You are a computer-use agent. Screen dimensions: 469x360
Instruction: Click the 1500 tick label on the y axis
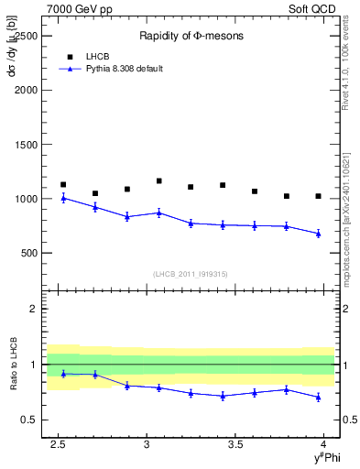pyautogui.click(x=27, y=145)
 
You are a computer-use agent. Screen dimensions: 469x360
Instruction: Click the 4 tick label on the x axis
pyautogui.click(x=322, y=443)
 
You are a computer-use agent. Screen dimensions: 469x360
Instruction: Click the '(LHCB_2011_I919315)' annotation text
pyautogui.click(x=191, y=274)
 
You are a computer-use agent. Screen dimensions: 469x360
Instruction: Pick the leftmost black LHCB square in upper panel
pyautogui.click(x=63, y=184)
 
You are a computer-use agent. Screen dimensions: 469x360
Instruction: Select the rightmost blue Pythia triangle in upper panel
pyautogui.click(x=318, y=234)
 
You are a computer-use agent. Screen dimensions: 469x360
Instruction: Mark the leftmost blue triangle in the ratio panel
pyautogui.click(x=63, y=374)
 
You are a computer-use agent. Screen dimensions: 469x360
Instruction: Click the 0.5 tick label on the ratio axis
pyautogui.click(x=33, y=420)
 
